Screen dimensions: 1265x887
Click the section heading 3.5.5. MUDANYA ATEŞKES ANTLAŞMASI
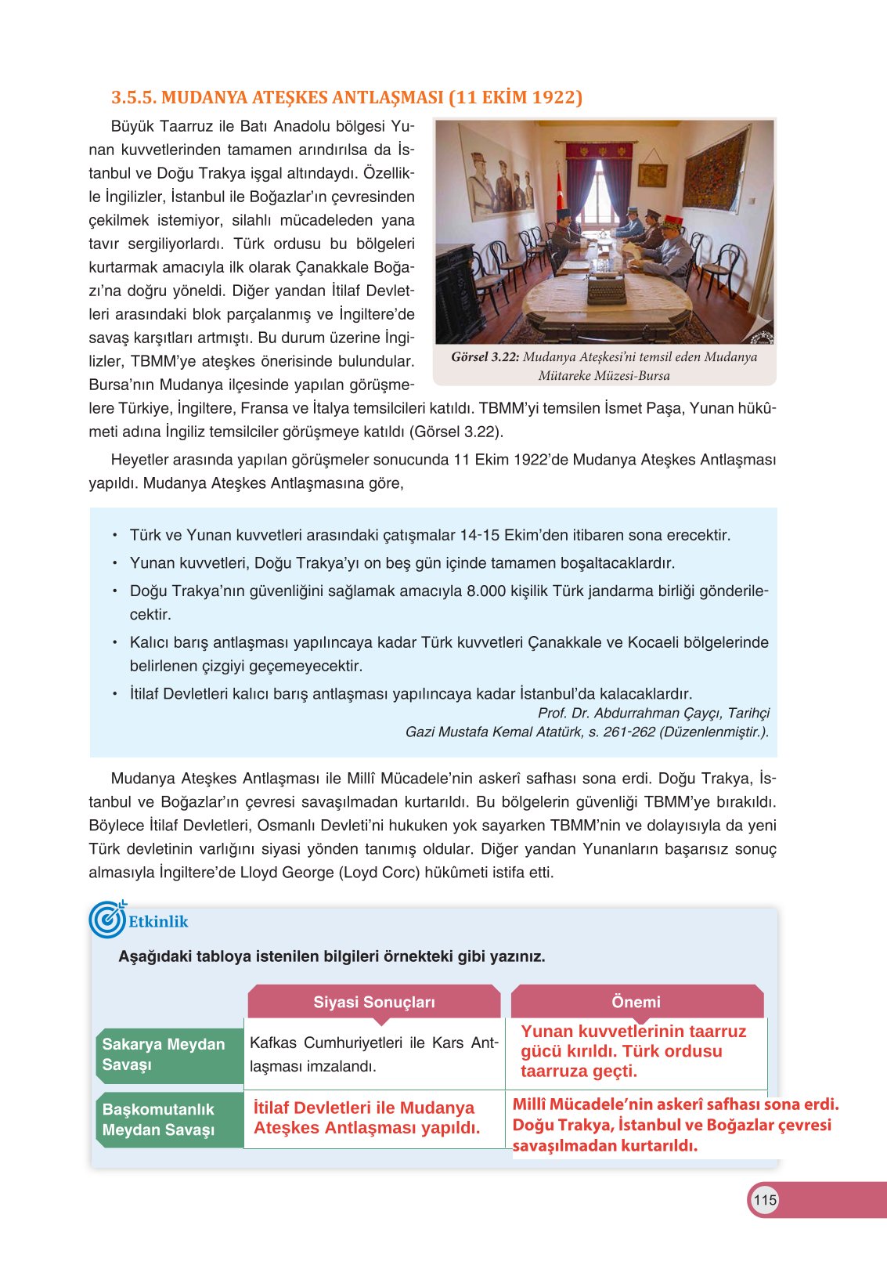click(x=346, y=98)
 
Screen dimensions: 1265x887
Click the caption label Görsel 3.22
click(x=485, y=357)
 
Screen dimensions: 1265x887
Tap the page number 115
click(x=764, y=1200)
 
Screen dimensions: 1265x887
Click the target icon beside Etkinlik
click(x=106, y=920)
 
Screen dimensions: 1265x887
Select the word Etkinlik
click(x=158, y=922)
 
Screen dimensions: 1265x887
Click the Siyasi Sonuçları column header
click(x=373, y=1002)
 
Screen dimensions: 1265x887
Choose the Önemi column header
click(x=636, y=1002)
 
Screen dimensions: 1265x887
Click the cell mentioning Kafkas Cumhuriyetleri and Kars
click(x=373, y=1054)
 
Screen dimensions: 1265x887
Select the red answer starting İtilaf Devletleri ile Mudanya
click(x=366, y=1118)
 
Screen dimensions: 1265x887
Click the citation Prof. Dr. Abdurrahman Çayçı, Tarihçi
click(x=653, y=714)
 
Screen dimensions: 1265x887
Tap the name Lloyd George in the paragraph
click(x=287, y=873)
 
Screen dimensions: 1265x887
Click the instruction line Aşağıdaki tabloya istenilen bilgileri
click(x=331, y=956)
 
